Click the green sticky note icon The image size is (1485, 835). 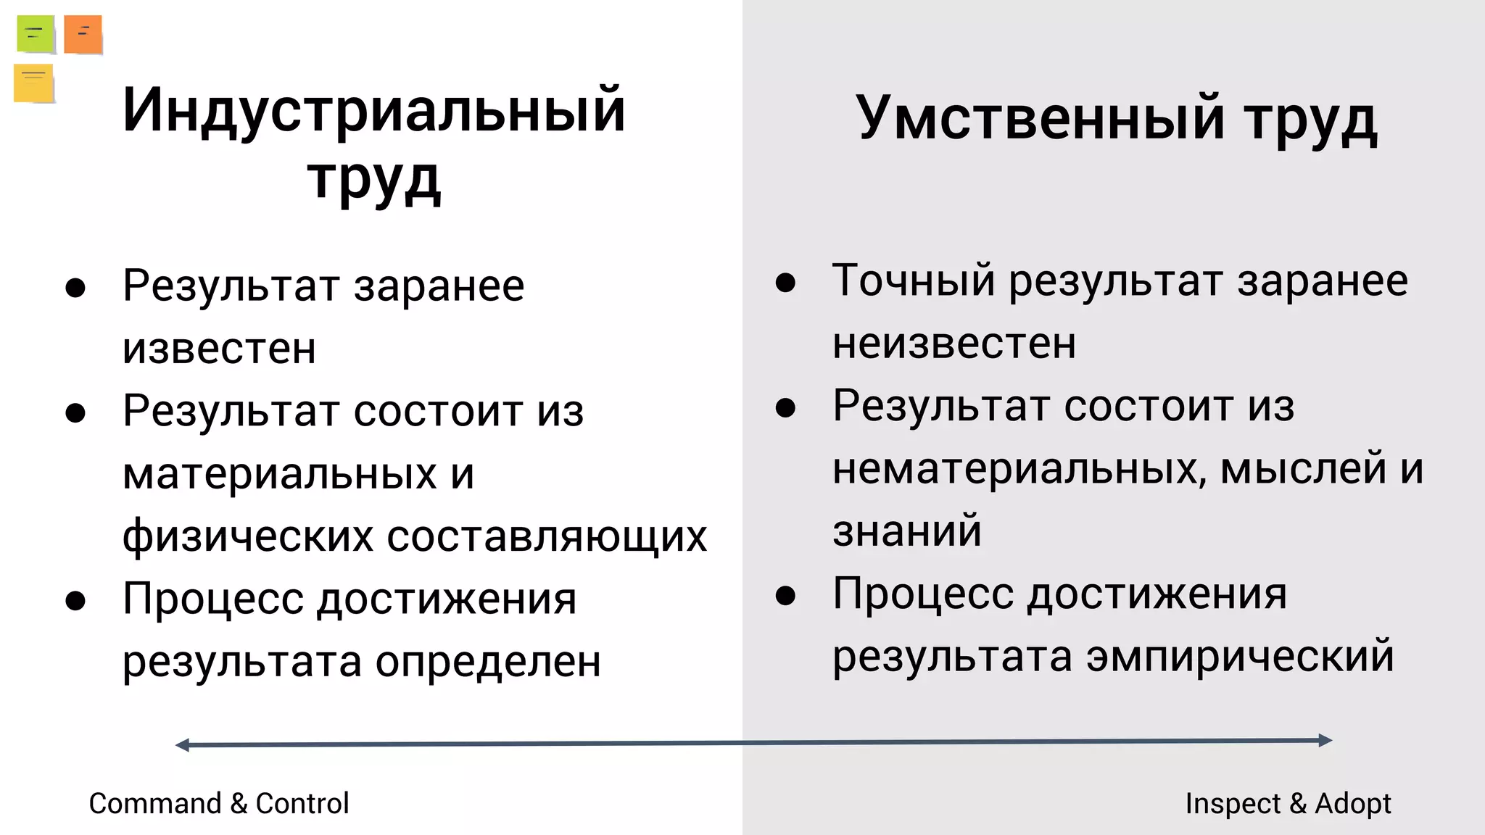pos(36,34)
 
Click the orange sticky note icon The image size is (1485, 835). pos(83,34)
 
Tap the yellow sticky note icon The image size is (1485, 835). pos(33,83)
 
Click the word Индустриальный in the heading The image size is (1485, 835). pos(373,110)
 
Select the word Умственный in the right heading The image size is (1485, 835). pos(1040,117)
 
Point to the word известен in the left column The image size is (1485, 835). pos(219,349)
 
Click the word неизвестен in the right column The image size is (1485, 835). pos(954,343)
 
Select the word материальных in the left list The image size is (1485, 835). pos(279,474)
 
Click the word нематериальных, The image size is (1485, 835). pos(1019,468)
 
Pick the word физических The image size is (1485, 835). pos(248,536)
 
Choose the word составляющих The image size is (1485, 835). pos(547,536)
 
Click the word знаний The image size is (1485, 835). pos(906,531)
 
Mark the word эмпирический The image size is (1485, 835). pos(1240,656)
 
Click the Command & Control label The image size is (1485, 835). pos(218,803)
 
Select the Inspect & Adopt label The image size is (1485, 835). pos(1288,803)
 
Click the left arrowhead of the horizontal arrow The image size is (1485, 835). pos(182,745)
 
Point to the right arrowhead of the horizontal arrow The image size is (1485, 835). pos(1325,740)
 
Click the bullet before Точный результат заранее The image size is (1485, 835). pos(785,282)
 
